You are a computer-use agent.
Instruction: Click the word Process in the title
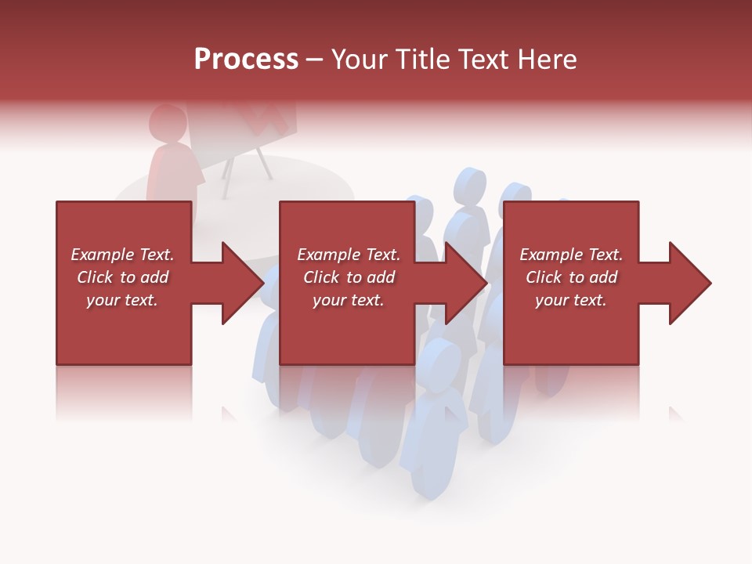tap(246, 60)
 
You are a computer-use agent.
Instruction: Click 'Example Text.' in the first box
tap(122, 255)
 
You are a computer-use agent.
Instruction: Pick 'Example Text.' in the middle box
tap(349, 255)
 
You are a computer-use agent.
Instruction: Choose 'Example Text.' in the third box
tap(571, 255)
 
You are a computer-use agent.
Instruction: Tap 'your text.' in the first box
tap(122, 300)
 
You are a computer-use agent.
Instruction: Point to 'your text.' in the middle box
tap(349, 300)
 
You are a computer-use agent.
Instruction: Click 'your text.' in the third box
tap(571, 300)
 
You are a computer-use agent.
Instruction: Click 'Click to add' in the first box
tap(122, 277)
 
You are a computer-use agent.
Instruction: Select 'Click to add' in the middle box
tap(349, 277)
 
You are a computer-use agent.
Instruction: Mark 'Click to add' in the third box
tap(571, 277)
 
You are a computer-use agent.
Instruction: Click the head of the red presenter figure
tap(167, 124)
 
